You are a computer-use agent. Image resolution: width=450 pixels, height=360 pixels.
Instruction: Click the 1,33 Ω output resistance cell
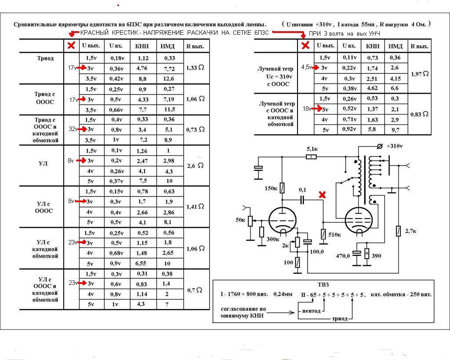[x=195, y=68]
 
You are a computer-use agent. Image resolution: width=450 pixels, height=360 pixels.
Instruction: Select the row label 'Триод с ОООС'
[x=45, y=98]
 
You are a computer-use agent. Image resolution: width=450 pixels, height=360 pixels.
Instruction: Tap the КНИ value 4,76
[x=142, y=68]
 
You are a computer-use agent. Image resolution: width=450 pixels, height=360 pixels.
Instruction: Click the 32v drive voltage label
[x=73, y=129]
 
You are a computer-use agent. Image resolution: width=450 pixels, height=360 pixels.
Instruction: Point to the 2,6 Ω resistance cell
[x=195, y=166]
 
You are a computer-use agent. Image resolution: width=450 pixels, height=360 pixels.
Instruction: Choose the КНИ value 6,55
[x=141, y=264]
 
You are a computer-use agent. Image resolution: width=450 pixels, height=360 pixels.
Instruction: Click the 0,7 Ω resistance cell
[x=195, y=290]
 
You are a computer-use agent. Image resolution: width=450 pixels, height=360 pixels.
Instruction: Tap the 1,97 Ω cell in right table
[x=420, y=74]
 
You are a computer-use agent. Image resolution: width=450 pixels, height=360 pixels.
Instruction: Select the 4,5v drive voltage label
[x=306, y=67]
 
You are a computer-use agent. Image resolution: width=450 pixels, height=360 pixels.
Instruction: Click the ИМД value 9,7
[x=395, y=130]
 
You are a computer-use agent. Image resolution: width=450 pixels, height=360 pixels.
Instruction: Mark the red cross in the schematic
[x=322, y=195]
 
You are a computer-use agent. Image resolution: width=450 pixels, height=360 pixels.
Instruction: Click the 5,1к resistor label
[x=312, y=149]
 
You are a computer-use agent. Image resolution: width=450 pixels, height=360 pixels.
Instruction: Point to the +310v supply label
[x=395, y=146]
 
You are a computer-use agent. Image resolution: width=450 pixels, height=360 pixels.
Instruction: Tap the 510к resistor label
[x=334, y=235]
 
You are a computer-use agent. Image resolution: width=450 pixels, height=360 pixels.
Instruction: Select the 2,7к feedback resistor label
[x=410, y=231]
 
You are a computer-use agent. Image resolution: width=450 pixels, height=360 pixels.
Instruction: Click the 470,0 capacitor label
[x=343, y=255]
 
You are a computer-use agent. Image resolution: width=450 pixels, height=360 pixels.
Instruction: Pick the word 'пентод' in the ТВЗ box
[x=312, y=311]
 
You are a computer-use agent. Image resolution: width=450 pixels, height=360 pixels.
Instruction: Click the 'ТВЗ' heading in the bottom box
[x=323, y=285]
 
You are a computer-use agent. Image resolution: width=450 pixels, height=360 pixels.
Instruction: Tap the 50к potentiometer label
[x=240, y=220]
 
